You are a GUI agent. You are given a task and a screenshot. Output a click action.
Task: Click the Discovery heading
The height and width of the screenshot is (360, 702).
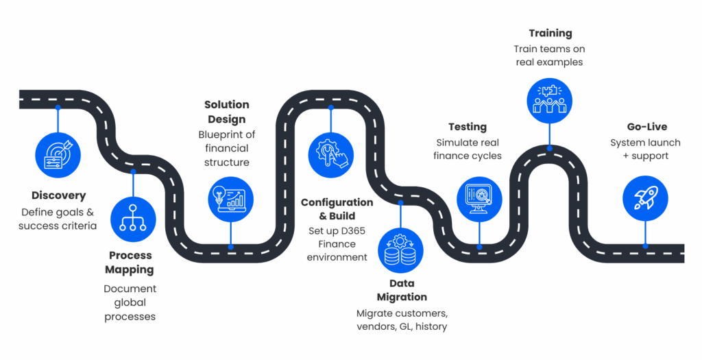[x=59, y=195]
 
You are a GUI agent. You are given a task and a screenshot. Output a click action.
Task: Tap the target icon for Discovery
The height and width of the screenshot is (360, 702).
[x=58, y=155]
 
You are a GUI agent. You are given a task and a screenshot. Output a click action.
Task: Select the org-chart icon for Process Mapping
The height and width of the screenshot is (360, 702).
[x=133, y=219]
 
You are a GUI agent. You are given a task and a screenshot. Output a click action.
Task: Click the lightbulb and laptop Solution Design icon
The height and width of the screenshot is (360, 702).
[x=230, y=200]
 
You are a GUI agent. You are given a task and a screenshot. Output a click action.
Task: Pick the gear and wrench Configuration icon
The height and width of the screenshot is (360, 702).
[x=331, y=155]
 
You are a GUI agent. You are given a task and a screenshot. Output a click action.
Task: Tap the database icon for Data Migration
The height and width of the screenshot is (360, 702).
[x=400, y=250]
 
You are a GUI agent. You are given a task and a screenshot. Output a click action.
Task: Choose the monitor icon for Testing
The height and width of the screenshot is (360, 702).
[x=479, y=200]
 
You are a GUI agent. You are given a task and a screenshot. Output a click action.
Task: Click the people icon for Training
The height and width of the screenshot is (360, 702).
[x=549, y=101]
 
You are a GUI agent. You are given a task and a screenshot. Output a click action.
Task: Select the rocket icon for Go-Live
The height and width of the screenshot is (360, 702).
[x=645, y=198]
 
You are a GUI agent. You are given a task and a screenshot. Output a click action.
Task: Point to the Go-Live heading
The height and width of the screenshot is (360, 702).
[x=647, y=127]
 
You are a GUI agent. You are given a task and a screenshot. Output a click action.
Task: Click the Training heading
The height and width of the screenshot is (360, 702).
[x=550, y=34]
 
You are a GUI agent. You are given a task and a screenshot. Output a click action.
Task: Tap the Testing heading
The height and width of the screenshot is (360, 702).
[x=468, y=127]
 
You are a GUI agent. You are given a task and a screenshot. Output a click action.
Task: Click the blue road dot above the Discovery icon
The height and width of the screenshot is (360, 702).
[x=58, y=108]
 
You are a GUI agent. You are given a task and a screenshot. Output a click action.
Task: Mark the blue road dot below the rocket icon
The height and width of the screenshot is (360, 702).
[x=645, y=246]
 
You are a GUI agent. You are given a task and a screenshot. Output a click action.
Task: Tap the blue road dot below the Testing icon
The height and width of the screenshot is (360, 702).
[x=479, y=247]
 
